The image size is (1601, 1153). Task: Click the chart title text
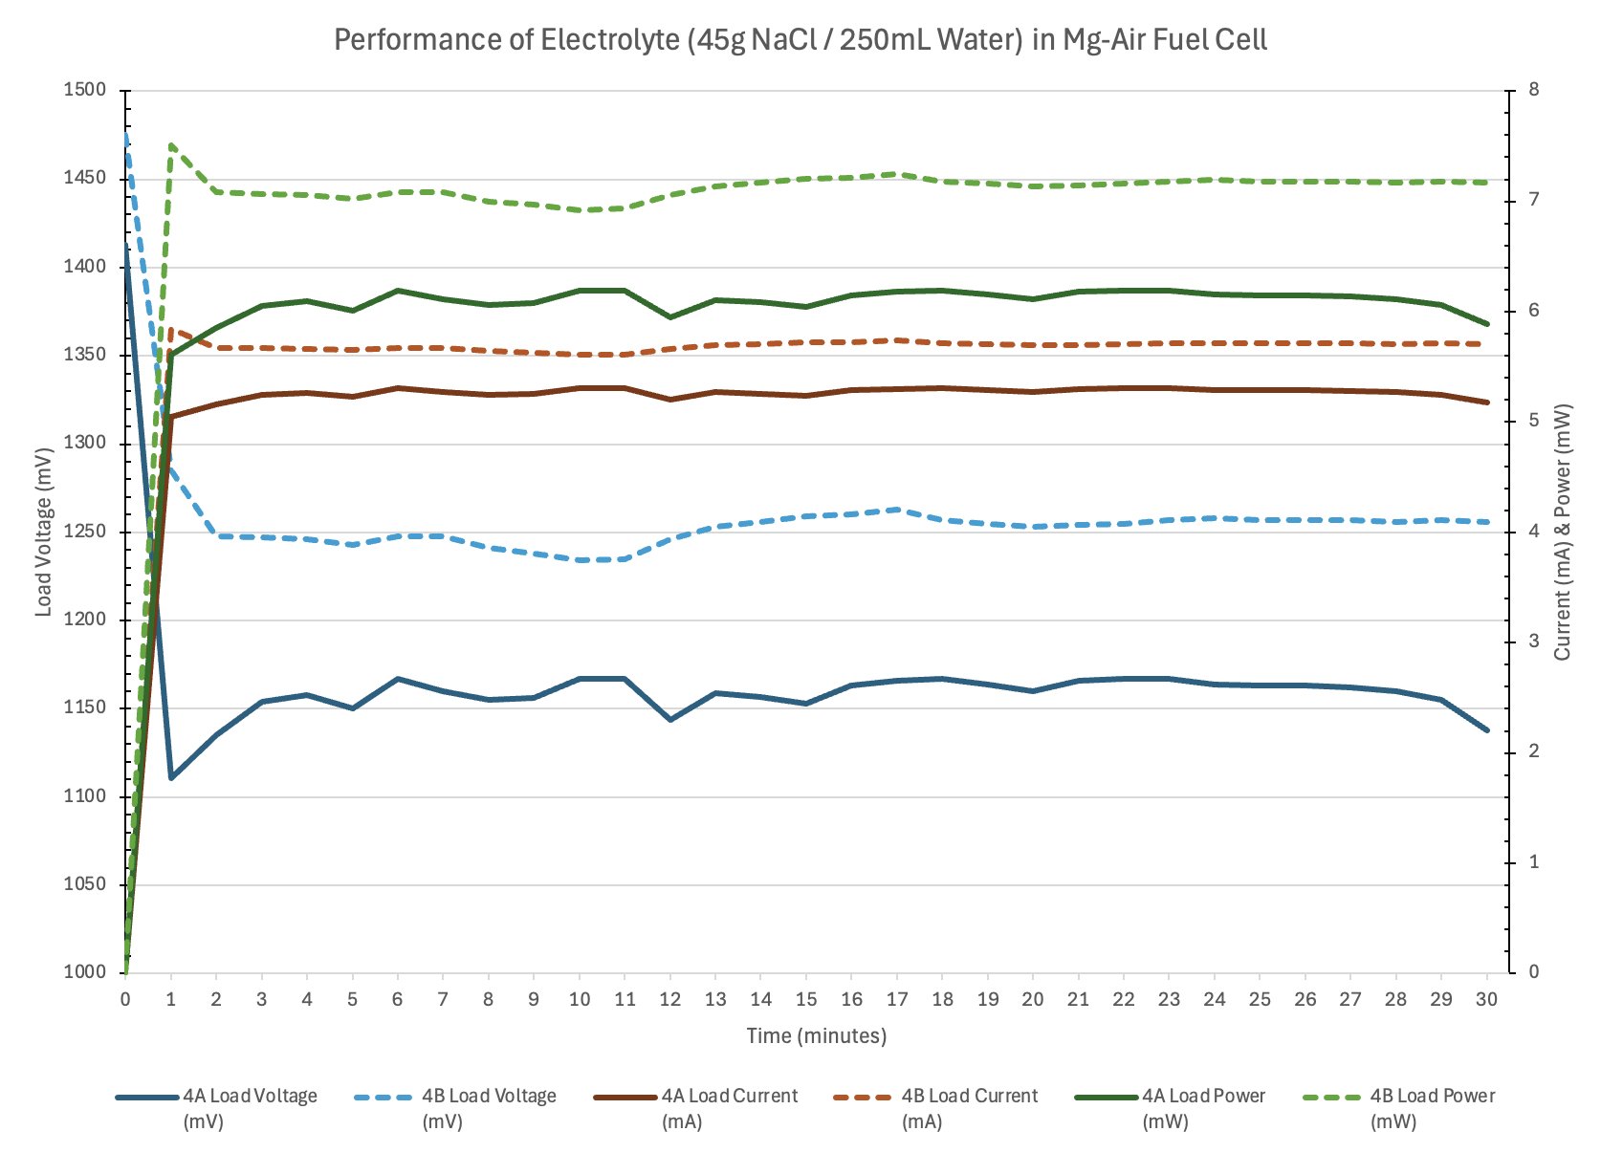click(x=800, y=40)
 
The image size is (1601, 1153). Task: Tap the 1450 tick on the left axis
click(x=84, y=179)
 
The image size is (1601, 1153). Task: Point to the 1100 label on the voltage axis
click(x=84, y=796)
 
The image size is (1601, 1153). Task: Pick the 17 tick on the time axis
click(x=897, y=999)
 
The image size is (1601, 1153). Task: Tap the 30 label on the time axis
click(x=1486, y=999)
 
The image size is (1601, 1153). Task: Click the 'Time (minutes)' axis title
click(x=816, y=1035)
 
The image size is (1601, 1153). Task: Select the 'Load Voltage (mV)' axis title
click(x=44, y=531)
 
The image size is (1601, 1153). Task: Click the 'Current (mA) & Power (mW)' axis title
click(x=1562, y=532)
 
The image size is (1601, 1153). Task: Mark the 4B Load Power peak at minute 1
click(x=171, y=145)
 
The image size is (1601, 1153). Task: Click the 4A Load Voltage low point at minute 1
click(x=171, y=778)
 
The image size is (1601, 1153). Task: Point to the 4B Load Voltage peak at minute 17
click(x=897, y=510)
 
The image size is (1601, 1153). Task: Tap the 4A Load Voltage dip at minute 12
click(x=670, y=720)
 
